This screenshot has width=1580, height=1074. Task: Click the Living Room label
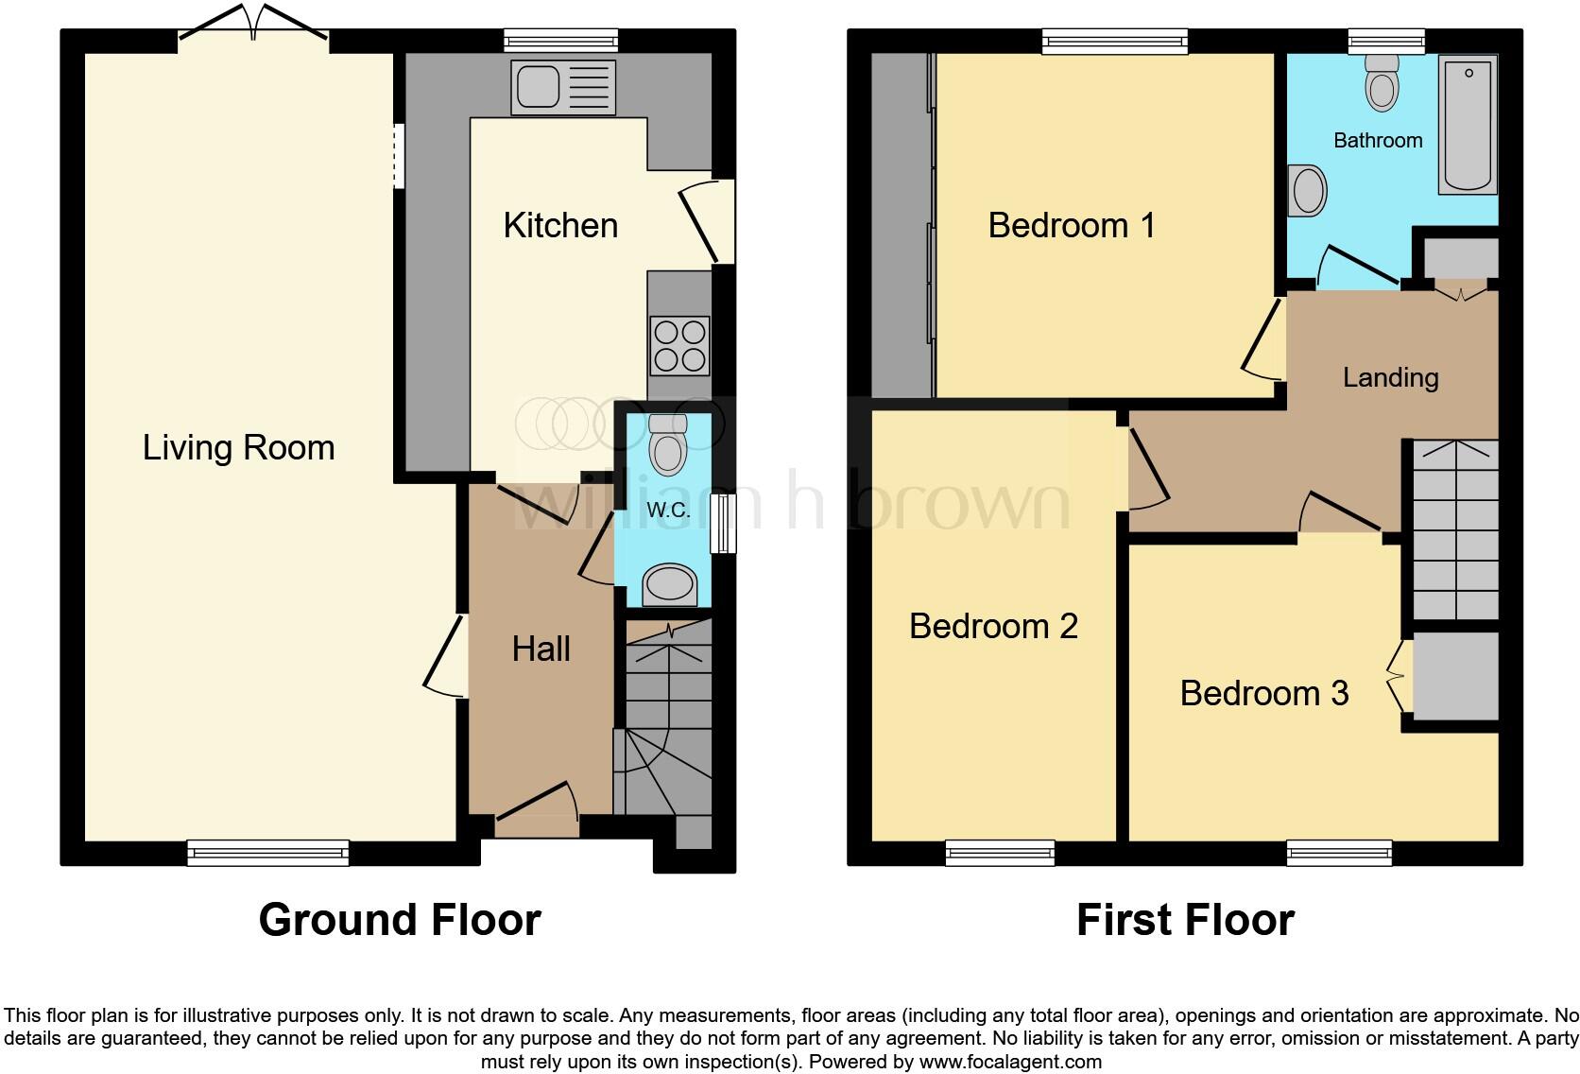tap(238, 447)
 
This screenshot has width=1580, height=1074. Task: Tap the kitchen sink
tap(562, 86)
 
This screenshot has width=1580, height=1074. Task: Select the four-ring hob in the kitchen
tap(679, 346)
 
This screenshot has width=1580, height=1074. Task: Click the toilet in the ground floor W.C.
tap(668, 445)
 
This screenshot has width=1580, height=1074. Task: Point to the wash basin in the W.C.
tap(670, 583)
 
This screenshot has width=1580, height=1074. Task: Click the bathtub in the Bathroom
tap(1468, 124)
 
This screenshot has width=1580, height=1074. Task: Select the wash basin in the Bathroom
tap(1308, 190)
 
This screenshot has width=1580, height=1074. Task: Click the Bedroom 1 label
tap(1072, 226)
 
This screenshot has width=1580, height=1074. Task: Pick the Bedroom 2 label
tap(993, 626)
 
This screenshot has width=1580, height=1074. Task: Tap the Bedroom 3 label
tap(1263, 693)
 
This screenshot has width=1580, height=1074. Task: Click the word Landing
tap(1390, 377)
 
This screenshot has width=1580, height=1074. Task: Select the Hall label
tap(541, 649)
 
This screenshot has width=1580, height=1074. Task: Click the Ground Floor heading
tap(399, 920)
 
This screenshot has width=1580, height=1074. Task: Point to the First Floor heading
tap(1185, 920)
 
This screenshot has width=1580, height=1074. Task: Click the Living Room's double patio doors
tap(253, 28)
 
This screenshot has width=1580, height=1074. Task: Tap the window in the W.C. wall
tap(723, 523)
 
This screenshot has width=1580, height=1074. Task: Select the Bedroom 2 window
tap(1000, 853)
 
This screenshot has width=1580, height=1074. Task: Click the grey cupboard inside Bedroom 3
tap(1455, 674)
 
